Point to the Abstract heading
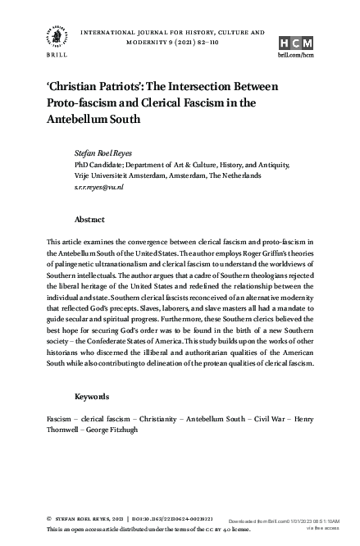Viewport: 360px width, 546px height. coord(89,221)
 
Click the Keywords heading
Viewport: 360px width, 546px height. coord(92,397)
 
